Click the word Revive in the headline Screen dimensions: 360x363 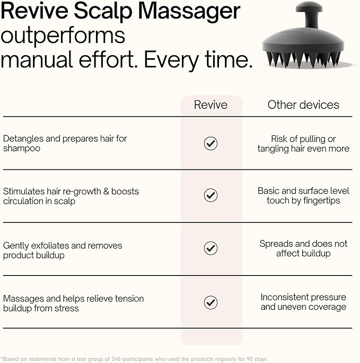tap(34, 11)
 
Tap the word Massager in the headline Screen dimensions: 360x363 tap(189, 13)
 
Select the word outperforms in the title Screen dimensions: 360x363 tap(63, 37)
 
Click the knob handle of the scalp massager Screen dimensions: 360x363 tap(309, 13)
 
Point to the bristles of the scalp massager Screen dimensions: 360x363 tap(303, 59)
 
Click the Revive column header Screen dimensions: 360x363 tap(210, 105)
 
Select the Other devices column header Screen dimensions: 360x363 tap(303, 105)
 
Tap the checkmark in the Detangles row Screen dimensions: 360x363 tap(210, 143)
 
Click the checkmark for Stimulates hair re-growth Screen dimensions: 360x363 tap(210, 195)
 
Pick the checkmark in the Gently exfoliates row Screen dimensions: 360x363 tap(210, 248)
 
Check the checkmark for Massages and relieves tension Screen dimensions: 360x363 tap(210, 302)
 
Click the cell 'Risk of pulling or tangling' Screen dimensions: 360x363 tap(303, 144)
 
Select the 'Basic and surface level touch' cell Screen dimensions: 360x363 tap(303, 196)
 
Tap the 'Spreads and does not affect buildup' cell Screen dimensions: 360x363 tap(303, 248)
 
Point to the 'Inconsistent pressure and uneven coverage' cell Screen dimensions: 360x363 tap(303, 302)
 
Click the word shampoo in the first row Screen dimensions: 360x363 tap(22, 149)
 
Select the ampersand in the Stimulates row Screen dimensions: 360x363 tap(106, 192)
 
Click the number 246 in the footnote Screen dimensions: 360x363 tap(116, 359)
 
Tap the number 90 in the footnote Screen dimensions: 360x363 tap(250, 359)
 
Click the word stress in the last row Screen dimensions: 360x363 tap(68, 308)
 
